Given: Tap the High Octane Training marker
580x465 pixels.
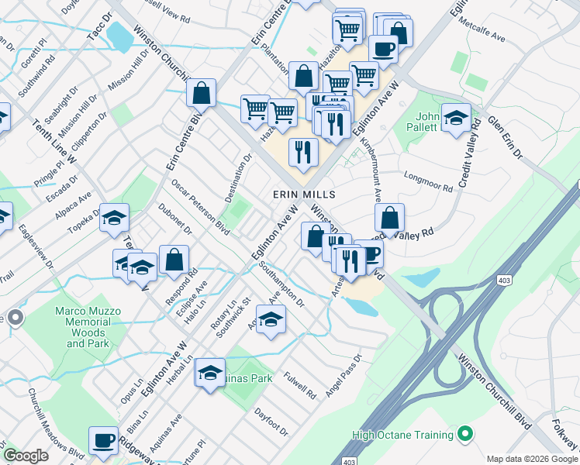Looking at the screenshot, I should tap(465, 436).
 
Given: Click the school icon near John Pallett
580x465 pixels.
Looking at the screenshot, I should tap(456, 119).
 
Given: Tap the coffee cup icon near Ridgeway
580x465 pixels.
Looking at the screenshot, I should tap(103, 441).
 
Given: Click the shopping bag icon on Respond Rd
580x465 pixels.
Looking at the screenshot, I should tap(174, 261).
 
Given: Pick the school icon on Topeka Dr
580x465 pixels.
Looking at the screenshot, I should tap(113, 220).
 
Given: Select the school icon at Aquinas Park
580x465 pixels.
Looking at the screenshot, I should tap(210, 374).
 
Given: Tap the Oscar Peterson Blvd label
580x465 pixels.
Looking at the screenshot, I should tap(200, 207).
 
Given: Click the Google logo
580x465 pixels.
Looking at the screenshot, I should tap(26, 456).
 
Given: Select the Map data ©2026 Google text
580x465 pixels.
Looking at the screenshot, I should tap(532, 459).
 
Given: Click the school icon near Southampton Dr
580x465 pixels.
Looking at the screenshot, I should tap(271, 320).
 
